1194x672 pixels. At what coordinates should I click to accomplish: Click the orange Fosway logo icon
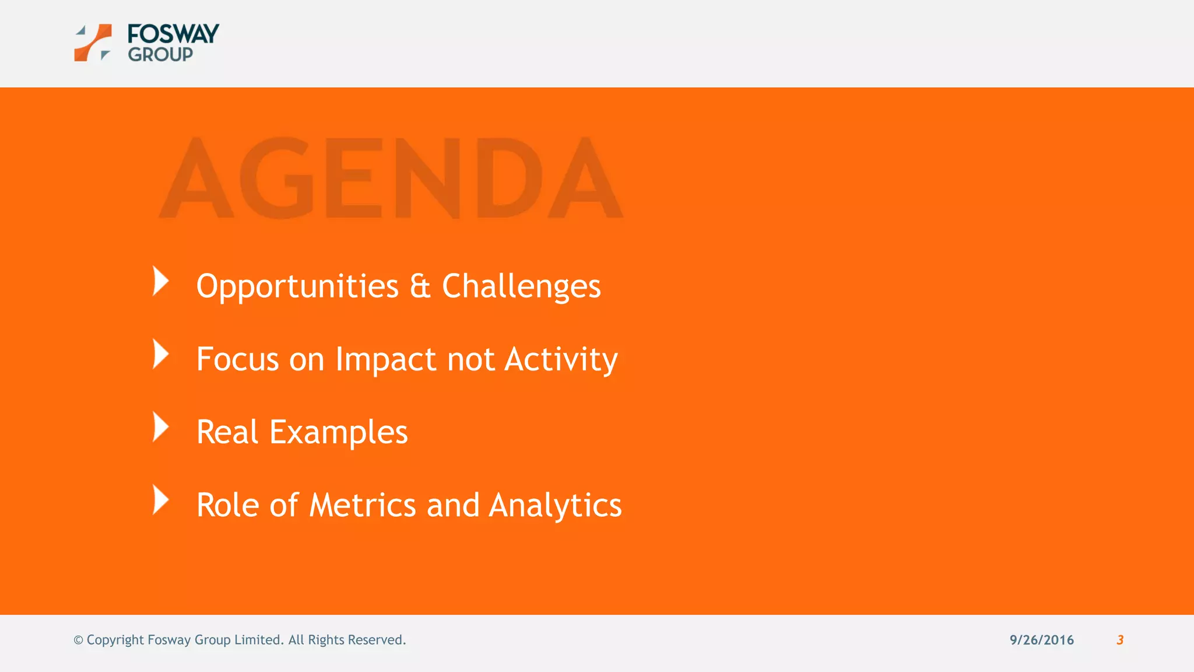click(x=93, y=43)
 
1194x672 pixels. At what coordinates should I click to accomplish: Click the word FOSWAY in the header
click(x=173, y=34)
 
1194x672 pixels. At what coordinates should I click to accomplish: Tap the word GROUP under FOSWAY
click(x=160, y=55)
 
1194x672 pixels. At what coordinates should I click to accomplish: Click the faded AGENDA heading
click(x=391, y=178)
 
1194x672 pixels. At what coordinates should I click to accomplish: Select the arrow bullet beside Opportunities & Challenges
click(x=160, y=281)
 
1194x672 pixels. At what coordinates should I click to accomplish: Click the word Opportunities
click(x=297, y=286)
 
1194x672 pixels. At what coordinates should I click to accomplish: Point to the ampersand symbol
click(x=420, y=286)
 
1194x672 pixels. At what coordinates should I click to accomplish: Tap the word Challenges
click(x=521, y=286)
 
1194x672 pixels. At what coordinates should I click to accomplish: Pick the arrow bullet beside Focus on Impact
click(x=160, y=354)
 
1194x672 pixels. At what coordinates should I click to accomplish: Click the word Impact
click(x=385, y=359)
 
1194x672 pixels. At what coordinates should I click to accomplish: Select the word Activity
click(x=561, y=359)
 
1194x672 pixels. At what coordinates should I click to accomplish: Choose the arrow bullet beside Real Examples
click(x=160, y=427)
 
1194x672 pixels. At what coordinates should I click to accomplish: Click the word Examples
click(x=338, y=432)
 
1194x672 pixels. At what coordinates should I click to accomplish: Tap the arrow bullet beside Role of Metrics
click(x=160, y=500)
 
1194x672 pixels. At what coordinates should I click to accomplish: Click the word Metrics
click(x=362, y=505)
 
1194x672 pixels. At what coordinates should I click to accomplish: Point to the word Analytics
click(x=555, y=505)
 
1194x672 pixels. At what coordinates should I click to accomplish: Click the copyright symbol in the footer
click(x=78, y=640)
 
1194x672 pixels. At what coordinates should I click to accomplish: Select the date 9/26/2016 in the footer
click(x=1041, y=640)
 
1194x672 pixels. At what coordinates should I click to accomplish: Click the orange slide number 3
click(x=1119, y=640)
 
